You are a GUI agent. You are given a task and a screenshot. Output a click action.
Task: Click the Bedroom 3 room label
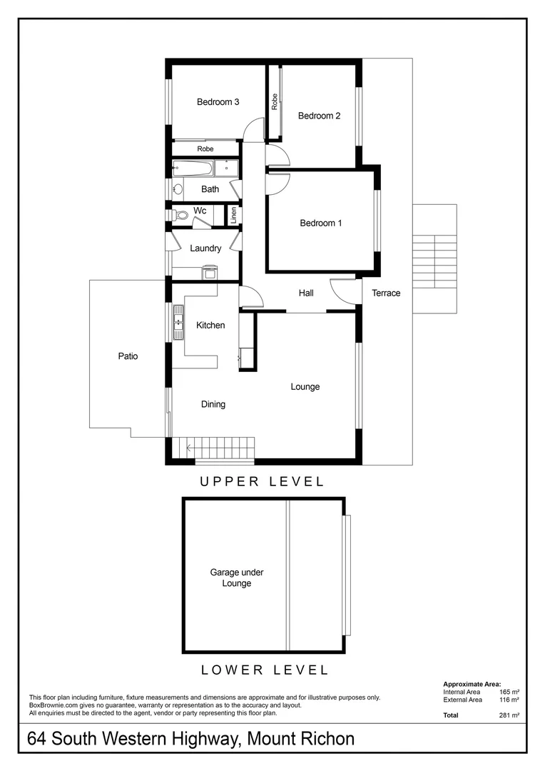click(x=218, y=102)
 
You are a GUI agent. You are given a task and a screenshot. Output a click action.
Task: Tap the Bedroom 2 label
click(x=319, y=116)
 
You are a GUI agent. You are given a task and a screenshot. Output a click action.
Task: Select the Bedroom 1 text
click(x=320, y=223)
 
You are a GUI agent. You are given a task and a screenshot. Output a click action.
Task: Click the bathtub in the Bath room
click(x=193, y=169)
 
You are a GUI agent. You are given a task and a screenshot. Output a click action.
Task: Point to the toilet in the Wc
click(x=180, y=214)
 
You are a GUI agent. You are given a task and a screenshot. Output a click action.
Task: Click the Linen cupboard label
click(x=233, y=215)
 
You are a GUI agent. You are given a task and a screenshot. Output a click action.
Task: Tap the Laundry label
click(x=205, y=248)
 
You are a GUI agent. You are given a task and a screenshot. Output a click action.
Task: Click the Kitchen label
click(x=210, y=325)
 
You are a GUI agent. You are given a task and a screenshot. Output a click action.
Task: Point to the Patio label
click(x=128, y=356)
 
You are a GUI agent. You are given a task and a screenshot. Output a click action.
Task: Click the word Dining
click(x=213, y=404)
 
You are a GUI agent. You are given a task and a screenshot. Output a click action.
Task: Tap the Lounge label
click(x=305, y=386)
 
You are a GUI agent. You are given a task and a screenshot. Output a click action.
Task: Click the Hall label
click(x=306, y=293)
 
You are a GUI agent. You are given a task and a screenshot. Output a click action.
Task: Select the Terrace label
click(x=386, y=293)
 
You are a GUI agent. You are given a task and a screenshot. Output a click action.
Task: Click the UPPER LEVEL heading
click(x=262, y=482)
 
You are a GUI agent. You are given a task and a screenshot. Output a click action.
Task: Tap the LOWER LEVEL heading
click(x=265, y=670)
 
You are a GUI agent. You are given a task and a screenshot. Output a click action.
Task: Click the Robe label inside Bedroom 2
click(x=274, y=102)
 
